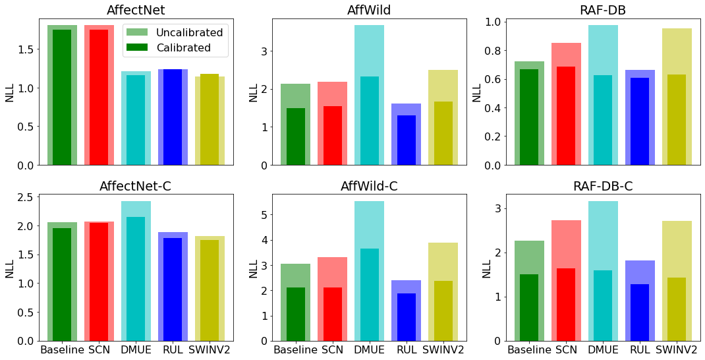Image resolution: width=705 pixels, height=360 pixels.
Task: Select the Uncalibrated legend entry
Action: pyautogui.click(x=189, y=32)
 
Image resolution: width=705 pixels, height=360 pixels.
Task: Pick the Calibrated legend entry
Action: pyautogui.click(x=183, y=47)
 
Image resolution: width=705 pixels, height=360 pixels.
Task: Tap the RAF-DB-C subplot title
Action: pyautogui.click(x=603, y=186)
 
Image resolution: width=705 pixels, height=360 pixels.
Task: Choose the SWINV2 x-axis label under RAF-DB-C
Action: pyautogui.click(x=677, y=349)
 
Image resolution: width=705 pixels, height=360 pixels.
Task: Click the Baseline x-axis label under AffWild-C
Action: pyautogui.click(x=296, y=349)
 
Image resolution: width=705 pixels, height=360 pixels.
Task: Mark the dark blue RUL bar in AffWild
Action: pyautogui.click(x=407, y=140)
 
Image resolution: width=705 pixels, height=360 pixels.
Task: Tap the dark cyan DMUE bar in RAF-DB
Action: pyautogui.click(x=603, y=120)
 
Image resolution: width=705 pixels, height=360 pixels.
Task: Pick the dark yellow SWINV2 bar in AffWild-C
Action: pyautogui.click(x=443, y=311)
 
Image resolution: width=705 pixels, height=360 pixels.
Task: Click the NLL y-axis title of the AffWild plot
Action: pyautogui.click(x=253, y=92)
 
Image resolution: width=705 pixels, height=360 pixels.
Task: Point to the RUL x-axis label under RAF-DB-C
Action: pyautogui.click(x=640, y=349)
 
